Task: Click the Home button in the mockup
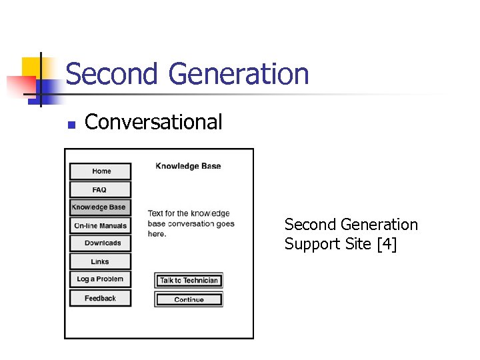[x=101, y=171]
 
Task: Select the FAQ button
[x=100, y=190]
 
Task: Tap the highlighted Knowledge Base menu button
[x=99, y=207]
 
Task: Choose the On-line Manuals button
[x=100, y=226]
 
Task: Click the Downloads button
[x=101, y=243]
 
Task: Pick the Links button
[x=100, y=261]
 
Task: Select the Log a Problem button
[x=100, y=279]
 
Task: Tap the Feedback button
[x=100, y=298]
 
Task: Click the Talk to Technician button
[x=189, y=281]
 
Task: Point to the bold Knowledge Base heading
[x=188, y=166]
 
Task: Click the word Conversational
[x=153, y=122]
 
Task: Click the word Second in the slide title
[x=111, y=74]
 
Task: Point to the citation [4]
[x=387, y=245]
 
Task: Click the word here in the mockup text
[x=157, y=234]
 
